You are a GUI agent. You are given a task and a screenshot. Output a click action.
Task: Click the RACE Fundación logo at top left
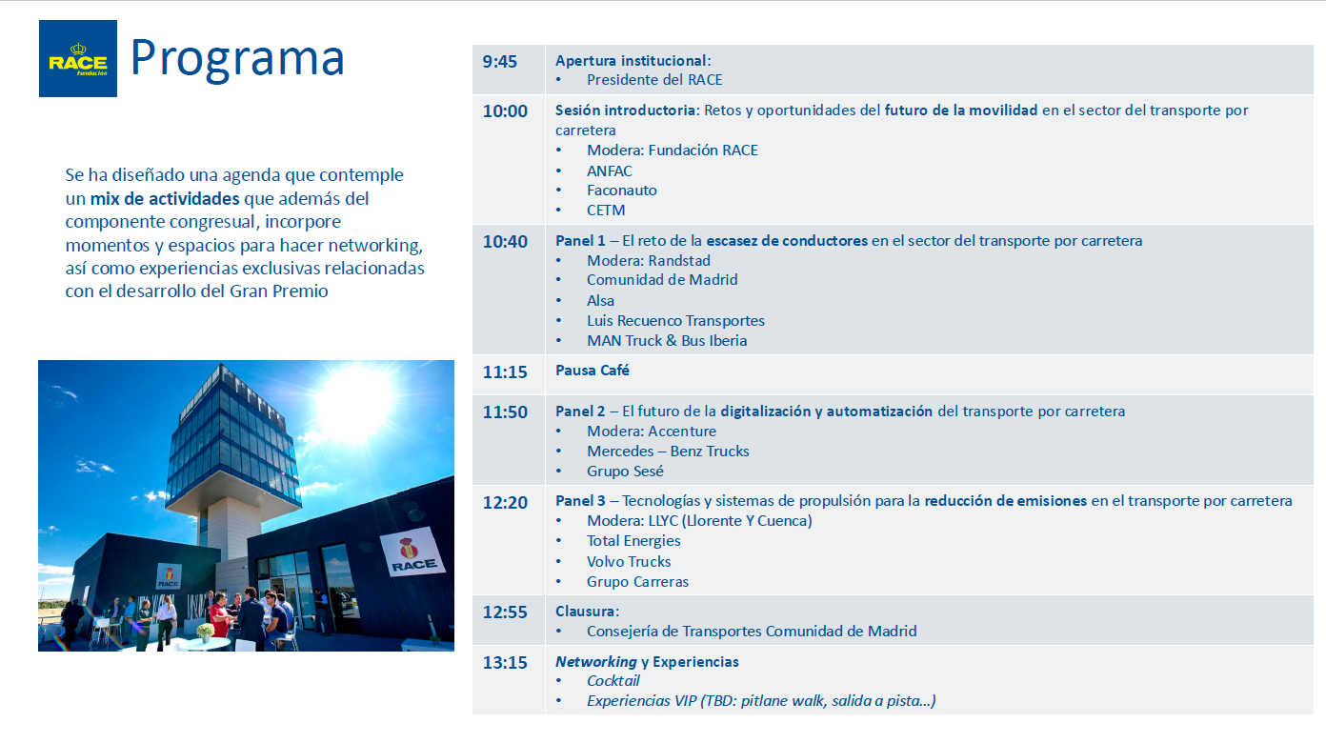(x=78, y=59)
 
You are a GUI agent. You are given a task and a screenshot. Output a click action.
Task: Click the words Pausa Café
(x=592, y=371)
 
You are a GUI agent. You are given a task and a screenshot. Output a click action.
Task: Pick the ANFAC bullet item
(x=609, y=171)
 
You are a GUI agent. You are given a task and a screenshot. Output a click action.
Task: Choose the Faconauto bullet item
(x=621, y=191)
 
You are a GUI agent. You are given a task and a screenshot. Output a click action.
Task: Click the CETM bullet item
(x=606, y=211)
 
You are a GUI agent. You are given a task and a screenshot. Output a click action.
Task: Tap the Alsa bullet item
(x=600, y=301)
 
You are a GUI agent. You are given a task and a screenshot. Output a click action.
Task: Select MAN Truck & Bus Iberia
(x=667, y=341)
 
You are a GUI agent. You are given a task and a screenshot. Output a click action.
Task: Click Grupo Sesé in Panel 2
(x=625, y=472)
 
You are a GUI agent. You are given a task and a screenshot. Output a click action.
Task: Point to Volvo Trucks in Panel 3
(x=629, y=562)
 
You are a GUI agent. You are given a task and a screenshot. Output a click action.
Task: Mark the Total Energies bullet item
(x=633, y=541)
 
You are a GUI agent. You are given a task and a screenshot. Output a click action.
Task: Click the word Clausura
(x=586, y=612)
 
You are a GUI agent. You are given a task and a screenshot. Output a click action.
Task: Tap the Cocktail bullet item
(x=613, y=681)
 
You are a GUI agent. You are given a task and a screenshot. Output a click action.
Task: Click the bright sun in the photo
(x=354, y=404)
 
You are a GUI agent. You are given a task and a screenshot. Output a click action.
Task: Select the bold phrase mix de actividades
(x=165, y=198)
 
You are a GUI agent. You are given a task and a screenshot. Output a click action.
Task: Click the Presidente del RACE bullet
(x=654, y=80)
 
